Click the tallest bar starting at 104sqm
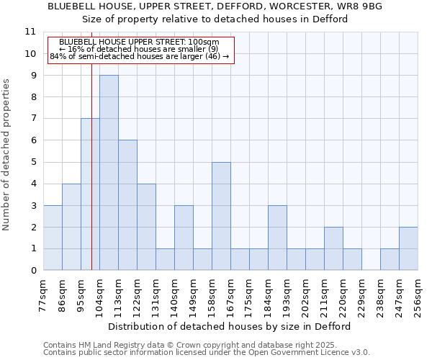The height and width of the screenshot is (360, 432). point(109,173)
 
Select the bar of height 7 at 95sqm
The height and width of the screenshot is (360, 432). point(90,194)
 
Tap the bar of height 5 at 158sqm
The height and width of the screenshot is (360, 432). point(221,216)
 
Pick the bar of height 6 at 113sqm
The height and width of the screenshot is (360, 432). point(127,205)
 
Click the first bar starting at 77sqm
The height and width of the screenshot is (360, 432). point(53,238)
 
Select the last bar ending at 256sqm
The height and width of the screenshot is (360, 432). point(408,248)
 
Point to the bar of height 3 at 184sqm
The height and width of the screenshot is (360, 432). point(277,238)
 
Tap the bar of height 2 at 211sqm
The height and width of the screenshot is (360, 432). point(333,248)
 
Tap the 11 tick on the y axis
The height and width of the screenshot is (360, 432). point(30,32)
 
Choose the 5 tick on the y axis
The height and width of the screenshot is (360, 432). point(32,162)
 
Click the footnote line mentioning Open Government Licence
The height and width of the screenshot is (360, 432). point(207,353)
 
